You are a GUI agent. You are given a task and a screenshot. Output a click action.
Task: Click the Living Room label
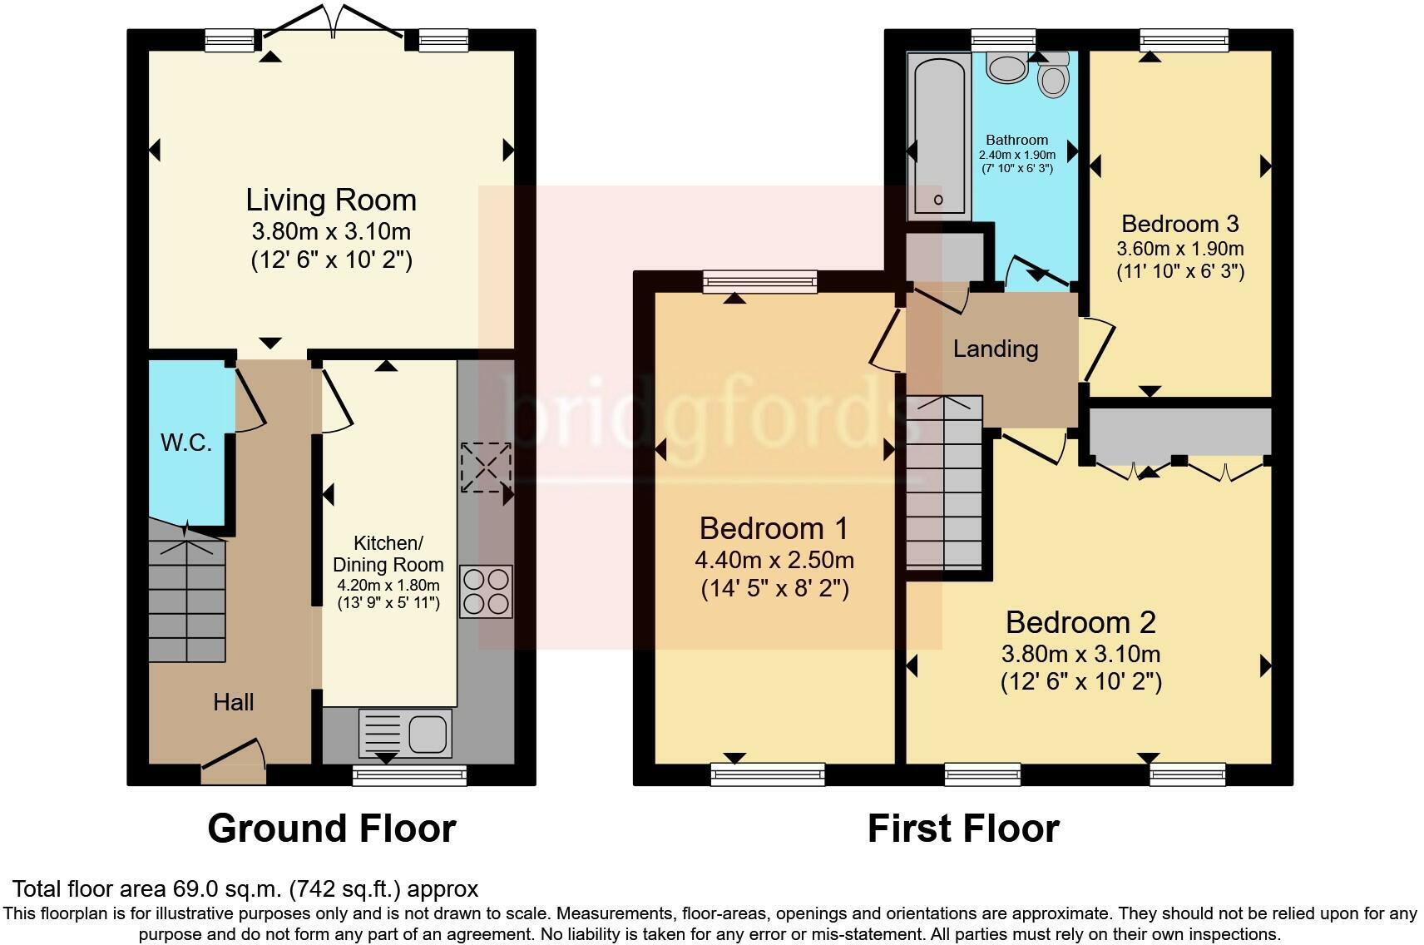(x=330, y=200)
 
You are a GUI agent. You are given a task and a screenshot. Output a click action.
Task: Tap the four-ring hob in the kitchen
(x=486, y=591)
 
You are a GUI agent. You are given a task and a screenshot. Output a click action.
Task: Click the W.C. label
(x=186, y=443)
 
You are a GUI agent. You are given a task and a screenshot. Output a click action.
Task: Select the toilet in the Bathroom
(x=1053, y=76)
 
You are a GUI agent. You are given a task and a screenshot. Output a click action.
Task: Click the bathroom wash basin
(x=1007, y=67)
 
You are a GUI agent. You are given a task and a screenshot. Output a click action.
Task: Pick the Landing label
(x=995, y=349)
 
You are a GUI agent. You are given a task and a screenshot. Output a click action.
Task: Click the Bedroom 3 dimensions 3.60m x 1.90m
(x=1179, y=249)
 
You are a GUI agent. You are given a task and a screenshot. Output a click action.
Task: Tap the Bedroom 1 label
(x=774, y=528)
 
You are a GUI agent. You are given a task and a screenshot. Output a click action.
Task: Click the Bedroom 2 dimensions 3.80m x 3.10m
(x=1080, y=654)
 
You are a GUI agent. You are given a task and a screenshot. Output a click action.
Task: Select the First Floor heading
(x=962, y=829)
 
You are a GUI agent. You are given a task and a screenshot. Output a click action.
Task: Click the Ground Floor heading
(x=331, y=829)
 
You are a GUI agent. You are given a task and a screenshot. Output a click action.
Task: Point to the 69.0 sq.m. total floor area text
(x=245, y=889)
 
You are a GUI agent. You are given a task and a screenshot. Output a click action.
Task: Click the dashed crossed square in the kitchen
(x=486, y=467)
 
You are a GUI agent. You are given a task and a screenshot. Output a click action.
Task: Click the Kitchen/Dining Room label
(x=388, y=554)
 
